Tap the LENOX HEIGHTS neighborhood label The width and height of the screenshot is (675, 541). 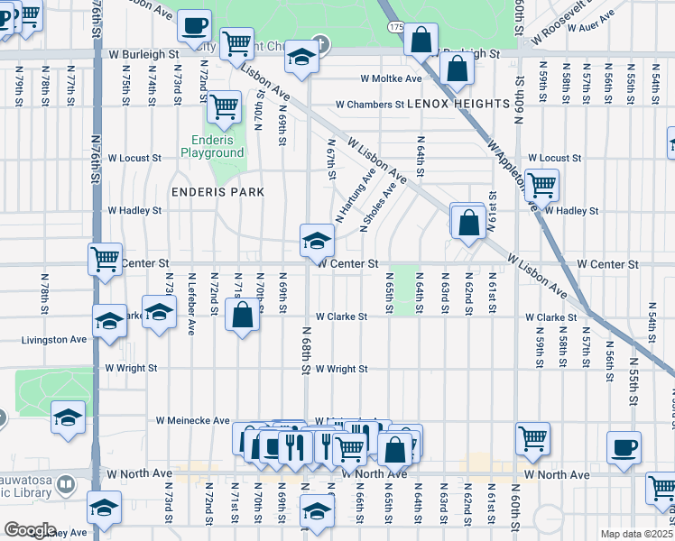coord(445,105)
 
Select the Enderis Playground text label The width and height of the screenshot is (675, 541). coord(217,146)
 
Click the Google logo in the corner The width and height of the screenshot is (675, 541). coord(30,530)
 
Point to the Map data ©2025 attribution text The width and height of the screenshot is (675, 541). coord(635,534)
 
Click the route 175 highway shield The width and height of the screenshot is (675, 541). coord(396,28)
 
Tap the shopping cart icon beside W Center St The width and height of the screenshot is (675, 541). coord(106,259)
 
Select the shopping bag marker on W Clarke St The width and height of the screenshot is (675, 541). coord(242,316)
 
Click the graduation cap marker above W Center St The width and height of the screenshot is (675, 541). coord(317,240)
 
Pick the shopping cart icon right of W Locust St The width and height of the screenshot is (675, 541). coord(541,185)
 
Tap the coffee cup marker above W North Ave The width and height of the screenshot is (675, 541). coord(624,447)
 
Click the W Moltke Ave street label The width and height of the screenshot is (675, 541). coord(391,79)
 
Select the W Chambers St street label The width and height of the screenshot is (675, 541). coord(369,105)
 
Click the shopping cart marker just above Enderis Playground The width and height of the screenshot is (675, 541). coord(224,107)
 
